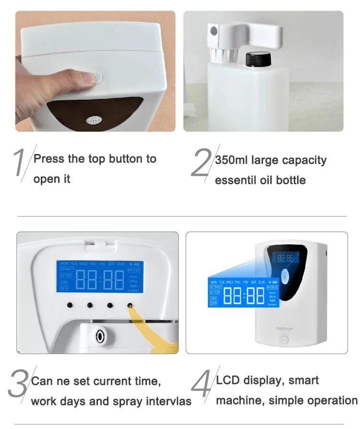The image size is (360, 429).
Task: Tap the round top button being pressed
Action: tap(97, 76)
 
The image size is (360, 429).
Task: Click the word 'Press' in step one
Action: tap(48, 159)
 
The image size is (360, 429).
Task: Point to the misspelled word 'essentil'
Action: tap(234, 180)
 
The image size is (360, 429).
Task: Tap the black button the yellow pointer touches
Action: tap(130, 305)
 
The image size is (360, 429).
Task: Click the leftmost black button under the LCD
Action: tap(70, 305)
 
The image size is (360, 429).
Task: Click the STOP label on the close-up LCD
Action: tap(66, 276)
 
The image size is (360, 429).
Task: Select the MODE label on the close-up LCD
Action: tap(133, 271)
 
